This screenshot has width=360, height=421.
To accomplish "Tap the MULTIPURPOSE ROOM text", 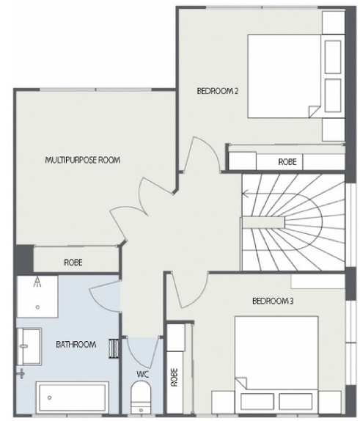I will tap(82, 159).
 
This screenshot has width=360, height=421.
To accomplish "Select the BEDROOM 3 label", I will tap(273, 301).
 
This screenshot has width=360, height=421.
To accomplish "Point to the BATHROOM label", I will tap(76, 344).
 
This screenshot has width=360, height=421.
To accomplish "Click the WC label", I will tap(142, 374).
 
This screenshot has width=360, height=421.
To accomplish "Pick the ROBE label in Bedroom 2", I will tap(287, 161).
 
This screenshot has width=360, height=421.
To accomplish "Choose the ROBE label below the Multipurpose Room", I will tap(73, 261).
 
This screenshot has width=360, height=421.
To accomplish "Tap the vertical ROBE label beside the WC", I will tap(175, 377).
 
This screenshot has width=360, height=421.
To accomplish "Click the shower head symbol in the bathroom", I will tap(37, 282).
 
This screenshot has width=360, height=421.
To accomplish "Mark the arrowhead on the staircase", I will tap(245, 194).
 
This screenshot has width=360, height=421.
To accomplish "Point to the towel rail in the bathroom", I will tap(113, 348).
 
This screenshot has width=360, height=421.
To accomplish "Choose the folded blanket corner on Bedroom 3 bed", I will tap(242, 382).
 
